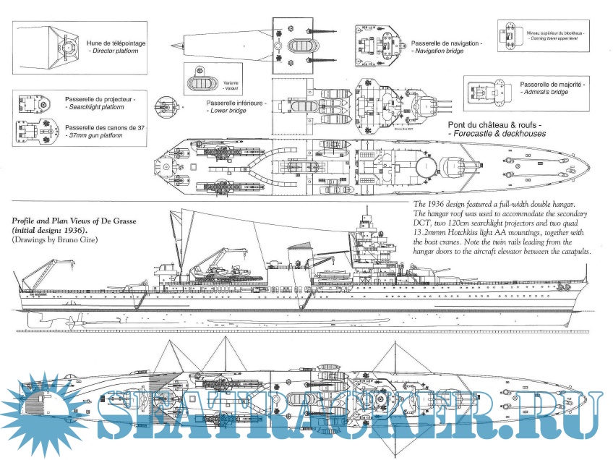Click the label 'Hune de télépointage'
116,43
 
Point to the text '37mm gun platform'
100,135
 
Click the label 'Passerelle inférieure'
236,103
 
